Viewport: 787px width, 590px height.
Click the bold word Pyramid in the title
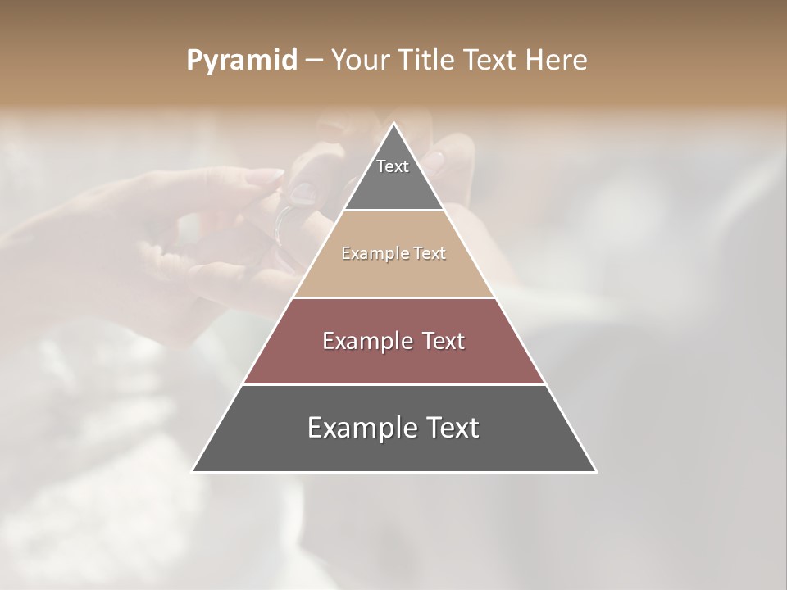coord(242,61)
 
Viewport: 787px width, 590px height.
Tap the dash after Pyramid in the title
coord(314,61)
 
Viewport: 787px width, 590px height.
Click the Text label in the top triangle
coord(393,166)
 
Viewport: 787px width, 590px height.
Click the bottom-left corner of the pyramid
coord(193,471)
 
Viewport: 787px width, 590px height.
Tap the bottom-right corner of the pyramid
coord(596,471)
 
